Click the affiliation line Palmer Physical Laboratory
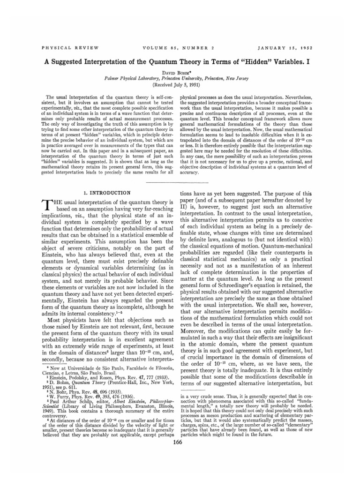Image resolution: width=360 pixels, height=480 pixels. click(179, 79)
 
